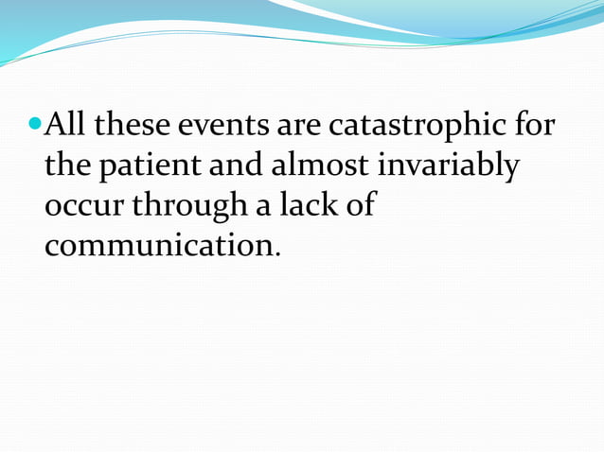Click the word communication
tap(159, 247)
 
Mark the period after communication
tap(277, 256)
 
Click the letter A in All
tap(56, 125)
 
